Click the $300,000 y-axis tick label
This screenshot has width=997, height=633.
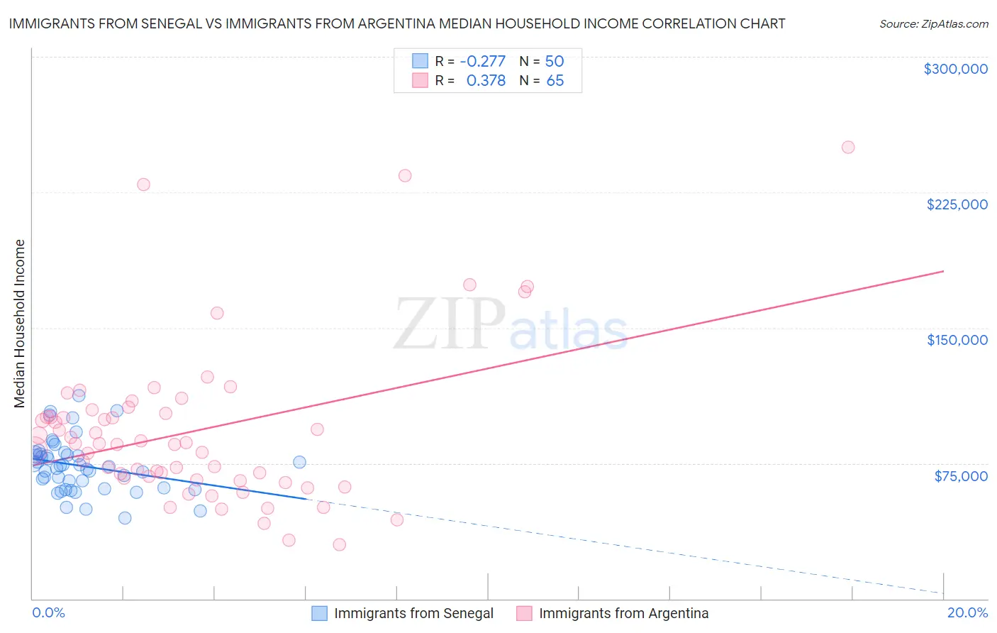(x=955, y=69)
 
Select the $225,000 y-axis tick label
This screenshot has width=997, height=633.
(x=957, y=204)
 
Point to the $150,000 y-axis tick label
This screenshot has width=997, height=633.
(x=957, y=340)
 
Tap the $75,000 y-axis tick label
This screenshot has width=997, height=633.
(x=961, y=476)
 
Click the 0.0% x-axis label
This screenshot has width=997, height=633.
(x=48, y=612)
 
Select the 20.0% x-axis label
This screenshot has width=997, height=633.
(x=967, y=612)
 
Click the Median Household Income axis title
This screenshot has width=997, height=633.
(x=20, y=324)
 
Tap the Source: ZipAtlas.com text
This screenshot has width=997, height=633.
(x=933, y=24)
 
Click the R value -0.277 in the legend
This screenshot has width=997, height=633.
(x=483, y=61)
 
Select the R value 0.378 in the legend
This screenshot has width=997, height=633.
(x=486, y=81)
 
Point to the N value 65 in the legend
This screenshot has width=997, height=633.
(x=555, y=81)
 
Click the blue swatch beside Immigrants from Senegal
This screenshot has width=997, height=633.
(x=320, y=613)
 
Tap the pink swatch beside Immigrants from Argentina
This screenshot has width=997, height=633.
(x=524, y=613)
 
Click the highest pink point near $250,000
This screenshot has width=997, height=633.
(x=848, y=148)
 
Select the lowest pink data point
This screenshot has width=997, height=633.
(x=340, y=545)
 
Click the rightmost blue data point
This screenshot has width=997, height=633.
(x=299, y=462)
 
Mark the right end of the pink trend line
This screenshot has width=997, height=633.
(x=943, y=271)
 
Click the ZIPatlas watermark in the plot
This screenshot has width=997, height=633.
(x=511, y=325)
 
